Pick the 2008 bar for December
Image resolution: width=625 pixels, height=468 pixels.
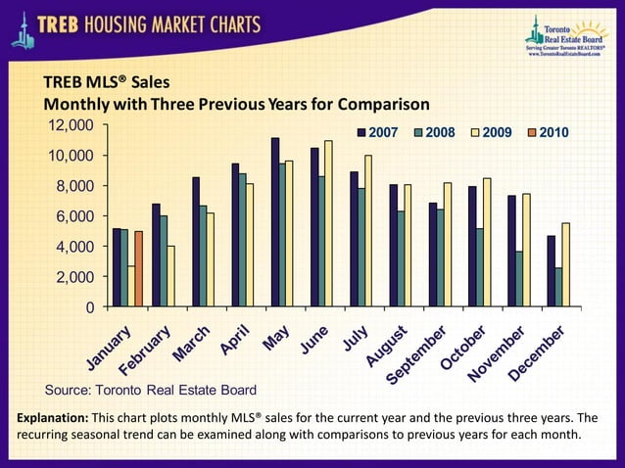[557, 287]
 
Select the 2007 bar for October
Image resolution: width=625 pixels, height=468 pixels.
[471, 246]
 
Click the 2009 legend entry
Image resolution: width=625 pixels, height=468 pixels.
[484, 132]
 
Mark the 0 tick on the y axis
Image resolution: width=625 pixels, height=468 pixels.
[89, 307]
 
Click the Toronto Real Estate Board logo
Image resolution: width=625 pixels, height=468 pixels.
[564, 36]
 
